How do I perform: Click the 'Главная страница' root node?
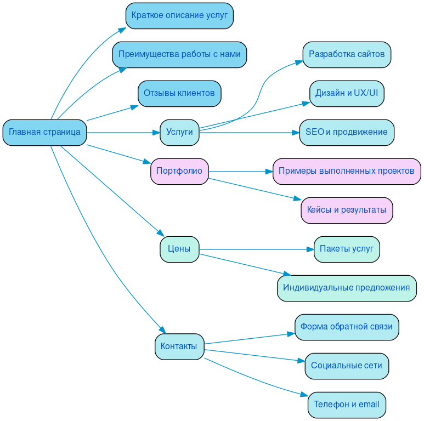[44, 133]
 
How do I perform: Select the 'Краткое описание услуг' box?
[179, 15]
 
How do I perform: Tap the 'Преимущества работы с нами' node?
[179, 55]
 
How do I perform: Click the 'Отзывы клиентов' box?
[179, 94]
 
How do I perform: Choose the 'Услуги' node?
[179, 133]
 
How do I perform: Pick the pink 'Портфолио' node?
[179, 172]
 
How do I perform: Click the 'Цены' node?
[179, 249]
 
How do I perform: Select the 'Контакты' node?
[179, 346]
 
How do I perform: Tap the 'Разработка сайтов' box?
[347, 55]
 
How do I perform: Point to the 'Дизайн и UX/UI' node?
[347, 94]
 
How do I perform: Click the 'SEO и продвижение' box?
[347, 133]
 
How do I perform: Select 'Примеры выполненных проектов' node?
[347, 172]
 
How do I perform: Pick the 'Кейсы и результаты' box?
[347, 210]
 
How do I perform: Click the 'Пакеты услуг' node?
[347, 249]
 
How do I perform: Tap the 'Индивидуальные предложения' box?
[347, 288]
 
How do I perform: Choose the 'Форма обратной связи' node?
[347, 327]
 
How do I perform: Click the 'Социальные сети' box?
[347, 366]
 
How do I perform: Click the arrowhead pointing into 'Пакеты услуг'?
[310, 249]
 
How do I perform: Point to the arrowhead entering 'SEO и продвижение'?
[296, 133]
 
